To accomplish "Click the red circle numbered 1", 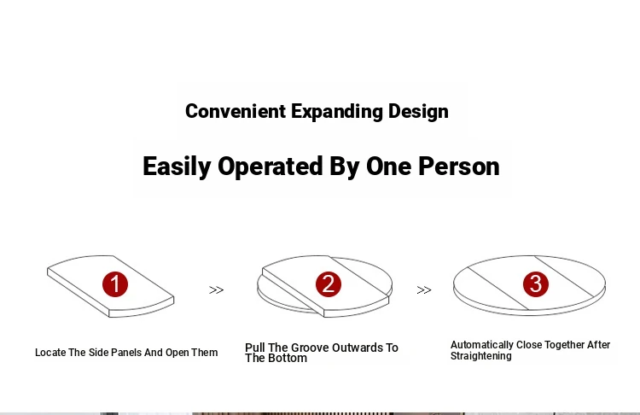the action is click(115, 284).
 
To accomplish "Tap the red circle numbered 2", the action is click(329, 284).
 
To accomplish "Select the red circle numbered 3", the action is click(536, 283).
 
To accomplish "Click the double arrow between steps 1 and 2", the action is click(217, 290).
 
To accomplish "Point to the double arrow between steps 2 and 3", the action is click(424, 290).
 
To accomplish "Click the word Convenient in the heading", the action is click(236, 111).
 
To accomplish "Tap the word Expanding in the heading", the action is click(337, 112).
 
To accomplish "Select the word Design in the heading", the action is click(418, 112).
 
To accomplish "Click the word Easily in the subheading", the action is click(177, 167).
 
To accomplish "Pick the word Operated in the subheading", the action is click(271, 167).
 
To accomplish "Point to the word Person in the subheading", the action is click(459, 167).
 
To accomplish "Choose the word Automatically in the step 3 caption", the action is click(481, 345).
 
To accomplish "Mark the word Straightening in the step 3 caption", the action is click(480, 356).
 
